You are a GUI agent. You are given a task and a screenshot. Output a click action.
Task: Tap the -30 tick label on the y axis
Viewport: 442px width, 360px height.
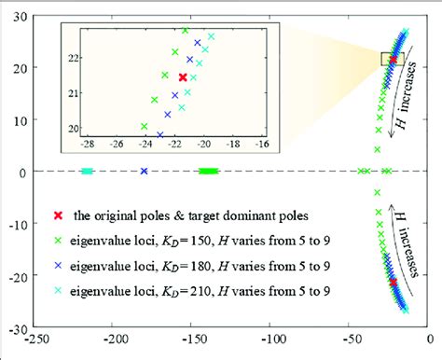click(18, 329)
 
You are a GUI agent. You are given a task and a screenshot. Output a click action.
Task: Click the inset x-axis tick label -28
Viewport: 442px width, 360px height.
click(88, 145)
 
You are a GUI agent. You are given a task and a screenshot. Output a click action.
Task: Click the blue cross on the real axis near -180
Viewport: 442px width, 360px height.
click(144, 172)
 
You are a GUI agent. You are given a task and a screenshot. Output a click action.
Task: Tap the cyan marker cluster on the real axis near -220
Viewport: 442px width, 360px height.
click(87, 172)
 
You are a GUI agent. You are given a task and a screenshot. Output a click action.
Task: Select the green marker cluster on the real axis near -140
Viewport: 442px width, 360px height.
click(209, 172)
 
